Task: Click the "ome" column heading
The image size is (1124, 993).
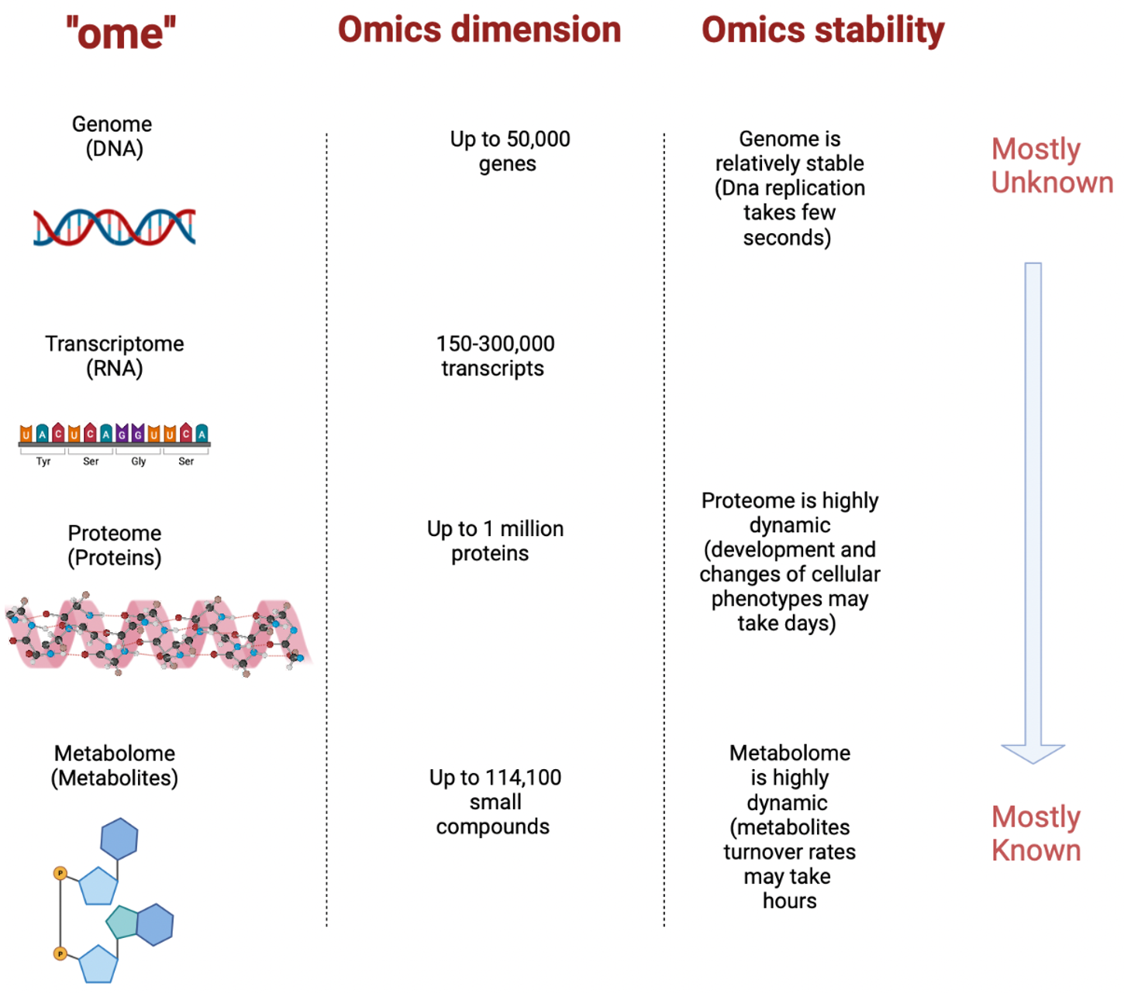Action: (x=121, y=33)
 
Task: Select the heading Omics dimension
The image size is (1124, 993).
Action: (x=479, y=30)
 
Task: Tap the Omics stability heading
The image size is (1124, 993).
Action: (x=822, y=30)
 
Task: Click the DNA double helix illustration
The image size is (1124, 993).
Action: (x=115, y=227)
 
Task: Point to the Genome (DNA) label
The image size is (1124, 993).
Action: (x=113, y=136)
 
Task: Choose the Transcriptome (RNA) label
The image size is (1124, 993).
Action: (x=115, y=356)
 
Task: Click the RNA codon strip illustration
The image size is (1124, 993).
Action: (x=114, y=435)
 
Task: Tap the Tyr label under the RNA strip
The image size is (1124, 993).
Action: (x=43, y=462)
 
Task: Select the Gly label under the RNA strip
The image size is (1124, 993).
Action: (x=138, y=462)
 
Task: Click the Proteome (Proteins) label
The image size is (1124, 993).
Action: (x=115, y=545)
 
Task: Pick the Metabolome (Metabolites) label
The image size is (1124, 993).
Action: (x=115, y=765)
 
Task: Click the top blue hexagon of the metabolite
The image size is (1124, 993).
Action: (x=119, y=838)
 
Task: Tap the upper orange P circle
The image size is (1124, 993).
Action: (x=60, y=874)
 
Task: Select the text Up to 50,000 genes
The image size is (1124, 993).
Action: (x=509, y=151)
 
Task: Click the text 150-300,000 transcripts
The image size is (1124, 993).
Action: (x=495, y=356)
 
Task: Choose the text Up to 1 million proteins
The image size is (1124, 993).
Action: (x=495, y=541)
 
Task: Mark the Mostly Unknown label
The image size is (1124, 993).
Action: (x=1050, y=166)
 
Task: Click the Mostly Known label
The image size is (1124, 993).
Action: (x=1036, y=833)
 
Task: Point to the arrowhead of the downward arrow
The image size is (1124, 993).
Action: (x=1033, y=753)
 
